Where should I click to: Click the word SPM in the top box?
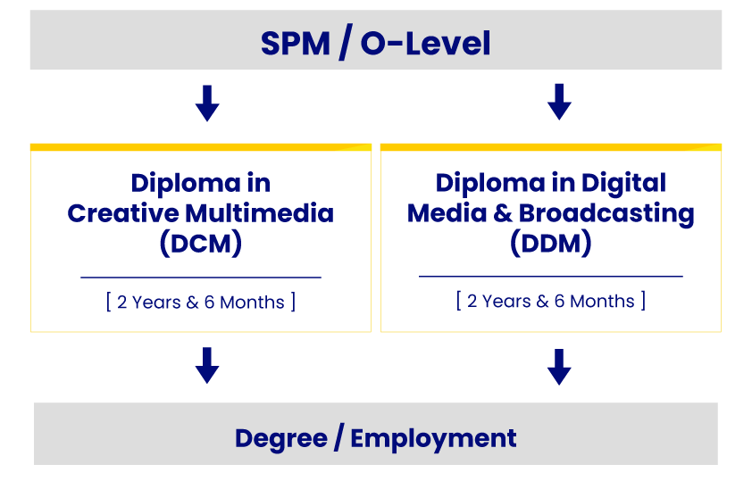click(x=295, y=43)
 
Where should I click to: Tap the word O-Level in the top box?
click(x=426, y=43)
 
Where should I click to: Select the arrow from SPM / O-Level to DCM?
click(x=207, y=103)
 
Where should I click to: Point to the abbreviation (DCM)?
click(x=201, y=244)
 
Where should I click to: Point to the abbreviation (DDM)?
click(x=551, y=243)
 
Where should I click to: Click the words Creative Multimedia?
click(x=201, y=214)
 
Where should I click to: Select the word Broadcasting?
click(x=607, y=213)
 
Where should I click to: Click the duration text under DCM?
click(x=201, y=302)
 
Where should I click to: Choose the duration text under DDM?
click(x=551, y=301)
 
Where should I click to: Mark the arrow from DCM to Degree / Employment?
click(x=207, y=365)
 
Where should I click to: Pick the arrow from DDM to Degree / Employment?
click(x=559, y=367)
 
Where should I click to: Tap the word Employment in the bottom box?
click(x=433, y=439)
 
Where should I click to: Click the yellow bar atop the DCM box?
click(x=201, y=146)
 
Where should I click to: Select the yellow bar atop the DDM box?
click(x=551, y=146)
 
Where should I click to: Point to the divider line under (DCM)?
click(x=201, y=278)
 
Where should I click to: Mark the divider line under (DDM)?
click(x=551, y=277)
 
